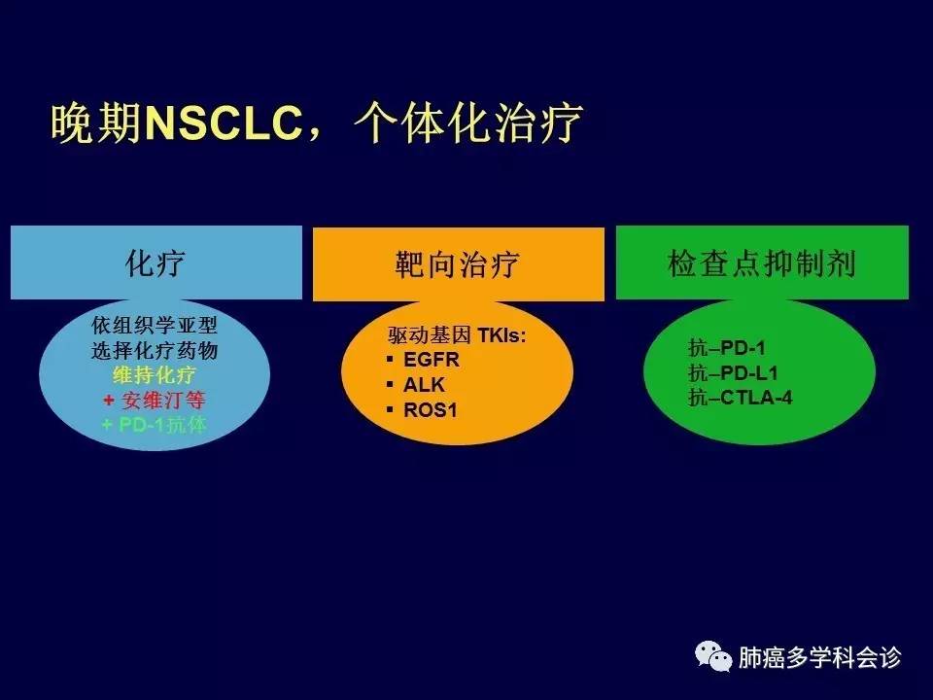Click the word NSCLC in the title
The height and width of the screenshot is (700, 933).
point(224,123)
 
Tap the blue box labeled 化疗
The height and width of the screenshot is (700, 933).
point(156,262)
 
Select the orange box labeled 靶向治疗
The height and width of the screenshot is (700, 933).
point(458,263)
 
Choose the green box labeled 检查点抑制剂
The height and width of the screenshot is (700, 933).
point(762,262)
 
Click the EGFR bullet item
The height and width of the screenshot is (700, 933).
point(432,360)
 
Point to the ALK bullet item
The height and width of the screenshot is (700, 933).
point(424,385)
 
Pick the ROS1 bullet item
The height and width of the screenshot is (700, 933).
point(431,409)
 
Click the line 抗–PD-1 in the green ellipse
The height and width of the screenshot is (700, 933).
point(727,348)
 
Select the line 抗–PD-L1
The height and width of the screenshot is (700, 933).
point(733,372)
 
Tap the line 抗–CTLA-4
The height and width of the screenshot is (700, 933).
point(741,397)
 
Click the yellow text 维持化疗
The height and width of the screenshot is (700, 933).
point(155,375)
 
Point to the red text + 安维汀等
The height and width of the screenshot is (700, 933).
point(155,400)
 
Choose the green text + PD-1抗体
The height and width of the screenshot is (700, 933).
point(155,425)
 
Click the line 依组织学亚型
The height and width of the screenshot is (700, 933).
point(155,325)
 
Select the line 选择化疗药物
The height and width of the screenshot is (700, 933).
point(155,350)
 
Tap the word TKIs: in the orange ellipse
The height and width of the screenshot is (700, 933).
point(501,335)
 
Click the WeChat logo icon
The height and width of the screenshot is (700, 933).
point(712,656)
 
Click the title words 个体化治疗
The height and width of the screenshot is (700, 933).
point(467,123)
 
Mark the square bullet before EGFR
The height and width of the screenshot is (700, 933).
point(390,359)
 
